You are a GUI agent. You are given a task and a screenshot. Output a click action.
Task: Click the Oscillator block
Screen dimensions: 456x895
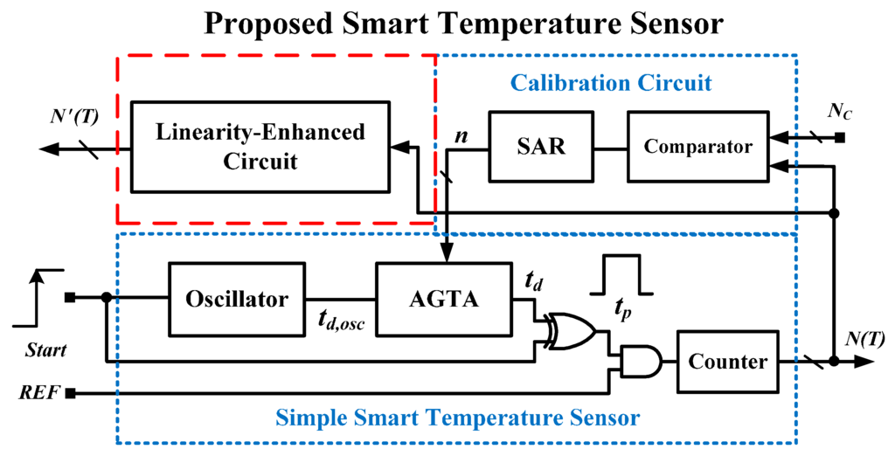236,299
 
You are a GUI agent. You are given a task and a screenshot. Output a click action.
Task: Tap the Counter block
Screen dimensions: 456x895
727,362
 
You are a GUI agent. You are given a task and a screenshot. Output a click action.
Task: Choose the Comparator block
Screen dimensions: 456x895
697,146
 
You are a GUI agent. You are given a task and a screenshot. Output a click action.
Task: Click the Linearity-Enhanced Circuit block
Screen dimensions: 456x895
260,147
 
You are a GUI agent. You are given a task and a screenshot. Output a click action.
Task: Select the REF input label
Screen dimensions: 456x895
39,393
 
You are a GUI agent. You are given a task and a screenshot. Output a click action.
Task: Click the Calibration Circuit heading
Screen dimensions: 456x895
611,84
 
